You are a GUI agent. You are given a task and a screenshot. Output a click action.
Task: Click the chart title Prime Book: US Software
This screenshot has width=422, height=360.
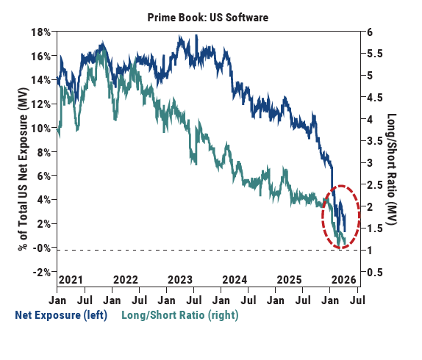[209, 14]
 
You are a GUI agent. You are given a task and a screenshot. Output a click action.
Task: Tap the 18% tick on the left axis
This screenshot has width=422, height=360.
[40, 32]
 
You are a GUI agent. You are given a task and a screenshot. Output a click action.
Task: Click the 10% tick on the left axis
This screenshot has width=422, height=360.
[40, 129]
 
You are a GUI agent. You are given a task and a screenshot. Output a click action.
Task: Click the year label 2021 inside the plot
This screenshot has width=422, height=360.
[71, 280]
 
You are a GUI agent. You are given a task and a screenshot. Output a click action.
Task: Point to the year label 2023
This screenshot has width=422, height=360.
[181, 280]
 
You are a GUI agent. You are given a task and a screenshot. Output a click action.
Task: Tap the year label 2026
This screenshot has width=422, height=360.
[343, 280]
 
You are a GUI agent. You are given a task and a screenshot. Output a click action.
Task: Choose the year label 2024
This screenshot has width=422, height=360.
[235, 280]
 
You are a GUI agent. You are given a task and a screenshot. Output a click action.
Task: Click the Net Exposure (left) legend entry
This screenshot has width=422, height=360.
[61, 314]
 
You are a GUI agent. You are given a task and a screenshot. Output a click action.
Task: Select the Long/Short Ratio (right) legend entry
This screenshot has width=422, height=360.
[176, 314]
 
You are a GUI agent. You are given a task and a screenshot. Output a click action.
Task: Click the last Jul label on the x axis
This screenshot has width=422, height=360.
[358, 300]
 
